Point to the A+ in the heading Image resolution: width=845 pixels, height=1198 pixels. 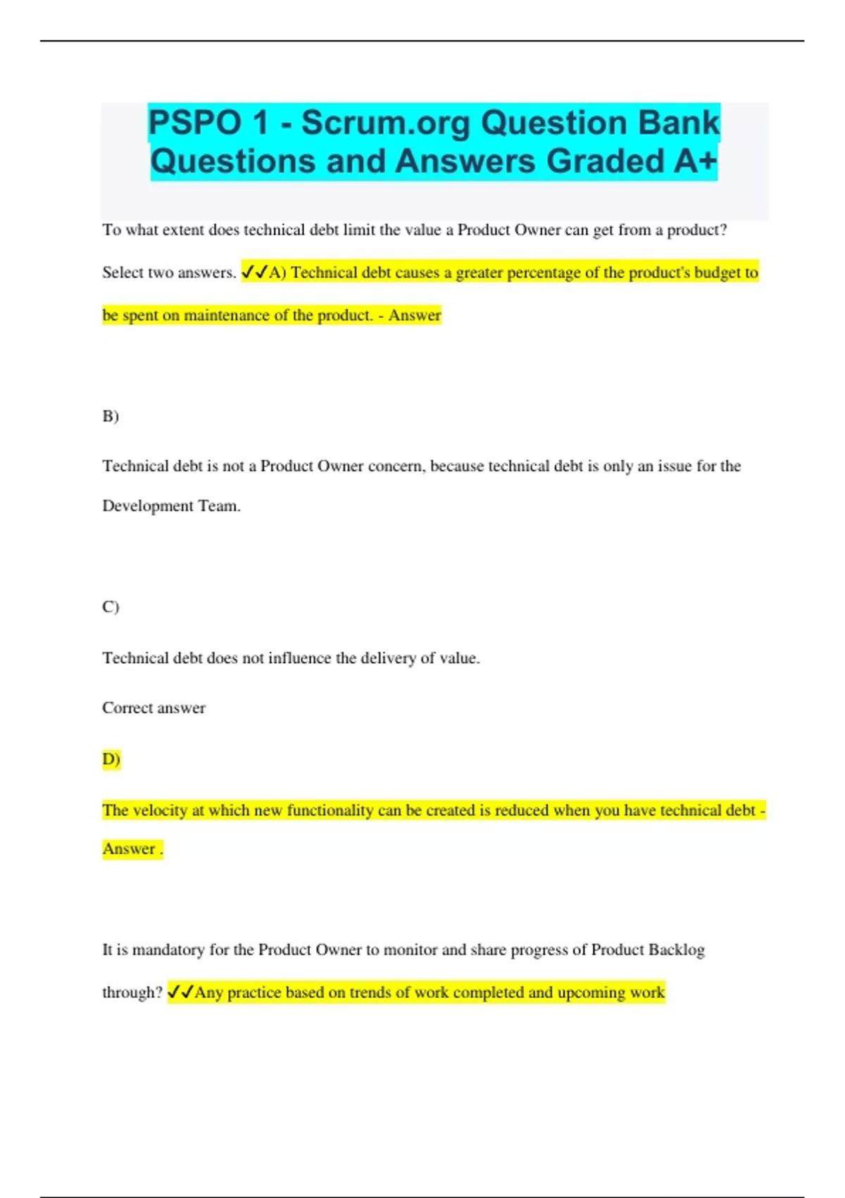pos(695,161)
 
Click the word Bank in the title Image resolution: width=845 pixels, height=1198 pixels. pos(679,123)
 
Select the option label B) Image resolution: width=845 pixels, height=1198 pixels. pos(111,416)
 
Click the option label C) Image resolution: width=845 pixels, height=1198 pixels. pos(111,607)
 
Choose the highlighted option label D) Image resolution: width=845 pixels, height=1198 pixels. pos(111,759)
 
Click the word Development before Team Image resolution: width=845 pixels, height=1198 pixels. pos(147,506)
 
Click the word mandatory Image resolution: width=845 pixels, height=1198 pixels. pos(168,950)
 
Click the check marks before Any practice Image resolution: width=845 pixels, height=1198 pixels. pos(180,992)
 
